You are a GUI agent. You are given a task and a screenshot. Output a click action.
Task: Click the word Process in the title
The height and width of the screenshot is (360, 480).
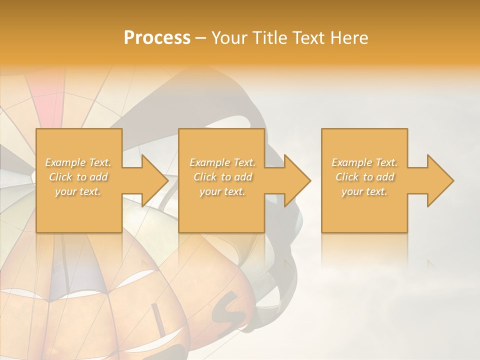[x=157, y=38]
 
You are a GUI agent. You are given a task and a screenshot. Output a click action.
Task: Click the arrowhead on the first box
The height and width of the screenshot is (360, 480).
[x=153, y=180]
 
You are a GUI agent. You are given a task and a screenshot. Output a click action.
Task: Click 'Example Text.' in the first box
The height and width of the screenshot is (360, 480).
[x=78, y=162]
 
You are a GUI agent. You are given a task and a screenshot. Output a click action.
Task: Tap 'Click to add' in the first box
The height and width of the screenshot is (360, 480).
[x=78, y=177]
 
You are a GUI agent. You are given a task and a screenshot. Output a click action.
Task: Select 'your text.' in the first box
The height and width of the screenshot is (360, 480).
[x=78, y=191]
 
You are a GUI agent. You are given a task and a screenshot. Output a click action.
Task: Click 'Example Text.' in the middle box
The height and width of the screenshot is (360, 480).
[x=222, y=162]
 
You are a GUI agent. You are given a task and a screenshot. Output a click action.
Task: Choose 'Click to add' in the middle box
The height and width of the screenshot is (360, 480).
[x=222, y=177]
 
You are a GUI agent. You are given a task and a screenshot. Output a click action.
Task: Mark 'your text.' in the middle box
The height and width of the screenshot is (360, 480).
[x=222, y=191]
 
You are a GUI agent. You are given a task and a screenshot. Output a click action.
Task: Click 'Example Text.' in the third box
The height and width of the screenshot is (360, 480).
[x=364, y=162]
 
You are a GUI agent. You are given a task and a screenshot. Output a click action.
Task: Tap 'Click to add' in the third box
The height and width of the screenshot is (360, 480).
[x=364, y=177]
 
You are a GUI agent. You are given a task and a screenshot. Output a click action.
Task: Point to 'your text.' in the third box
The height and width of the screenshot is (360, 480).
[x=364, y=191]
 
